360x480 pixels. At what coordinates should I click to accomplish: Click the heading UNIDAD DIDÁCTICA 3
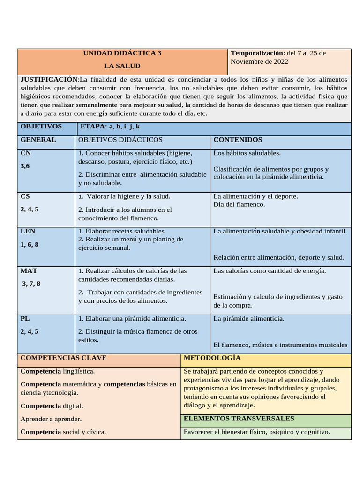click(122, 53)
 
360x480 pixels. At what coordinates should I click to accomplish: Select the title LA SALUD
click(122, 66)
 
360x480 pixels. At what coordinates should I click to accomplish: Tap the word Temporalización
click(257, 53)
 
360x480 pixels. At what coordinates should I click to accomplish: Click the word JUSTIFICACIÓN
click(49, 79)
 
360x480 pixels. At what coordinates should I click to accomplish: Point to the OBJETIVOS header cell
click(41, 127)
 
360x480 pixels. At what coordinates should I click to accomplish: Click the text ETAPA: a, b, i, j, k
click(110, 127)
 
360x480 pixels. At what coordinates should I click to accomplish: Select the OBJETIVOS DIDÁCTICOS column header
click(120, 140)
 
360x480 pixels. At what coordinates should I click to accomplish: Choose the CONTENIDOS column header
click(238, 140)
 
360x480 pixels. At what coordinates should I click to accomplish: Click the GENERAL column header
click(38, 140)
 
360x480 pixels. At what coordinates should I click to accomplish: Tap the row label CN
click(26, 153)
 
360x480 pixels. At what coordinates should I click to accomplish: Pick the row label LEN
click(28, 231)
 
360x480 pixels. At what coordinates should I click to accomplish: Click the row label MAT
click(29, 270)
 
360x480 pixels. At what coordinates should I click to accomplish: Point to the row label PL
click(25, 318)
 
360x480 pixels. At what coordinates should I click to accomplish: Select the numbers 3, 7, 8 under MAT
click(31, 284)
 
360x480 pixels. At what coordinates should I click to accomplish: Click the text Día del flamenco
click(239, 204)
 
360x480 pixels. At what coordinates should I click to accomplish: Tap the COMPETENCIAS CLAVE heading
click(64, 358)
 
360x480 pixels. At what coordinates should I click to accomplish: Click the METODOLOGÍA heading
click(212, 358)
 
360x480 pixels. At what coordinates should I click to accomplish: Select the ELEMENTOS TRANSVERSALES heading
click(239, 418)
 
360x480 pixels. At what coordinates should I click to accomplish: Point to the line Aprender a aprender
click(51, 419)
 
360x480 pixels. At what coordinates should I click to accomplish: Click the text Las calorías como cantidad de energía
click(270, 270)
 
